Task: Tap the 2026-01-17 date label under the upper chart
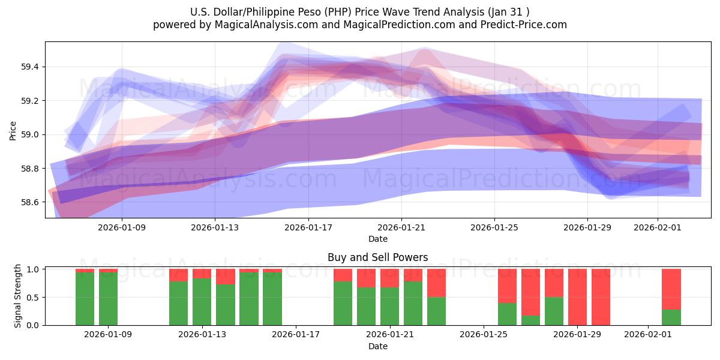308,227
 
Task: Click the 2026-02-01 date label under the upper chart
658,227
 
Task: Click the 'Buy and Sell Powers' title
377,257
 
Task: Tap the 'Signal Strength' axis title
18,296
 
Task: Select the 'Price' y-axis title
13,130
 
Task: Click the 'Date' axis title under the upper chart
377,239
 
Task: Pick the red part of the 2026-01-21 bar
389,278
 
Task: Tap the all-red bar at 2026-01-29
577,297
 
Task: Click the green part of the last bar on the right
671,317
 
